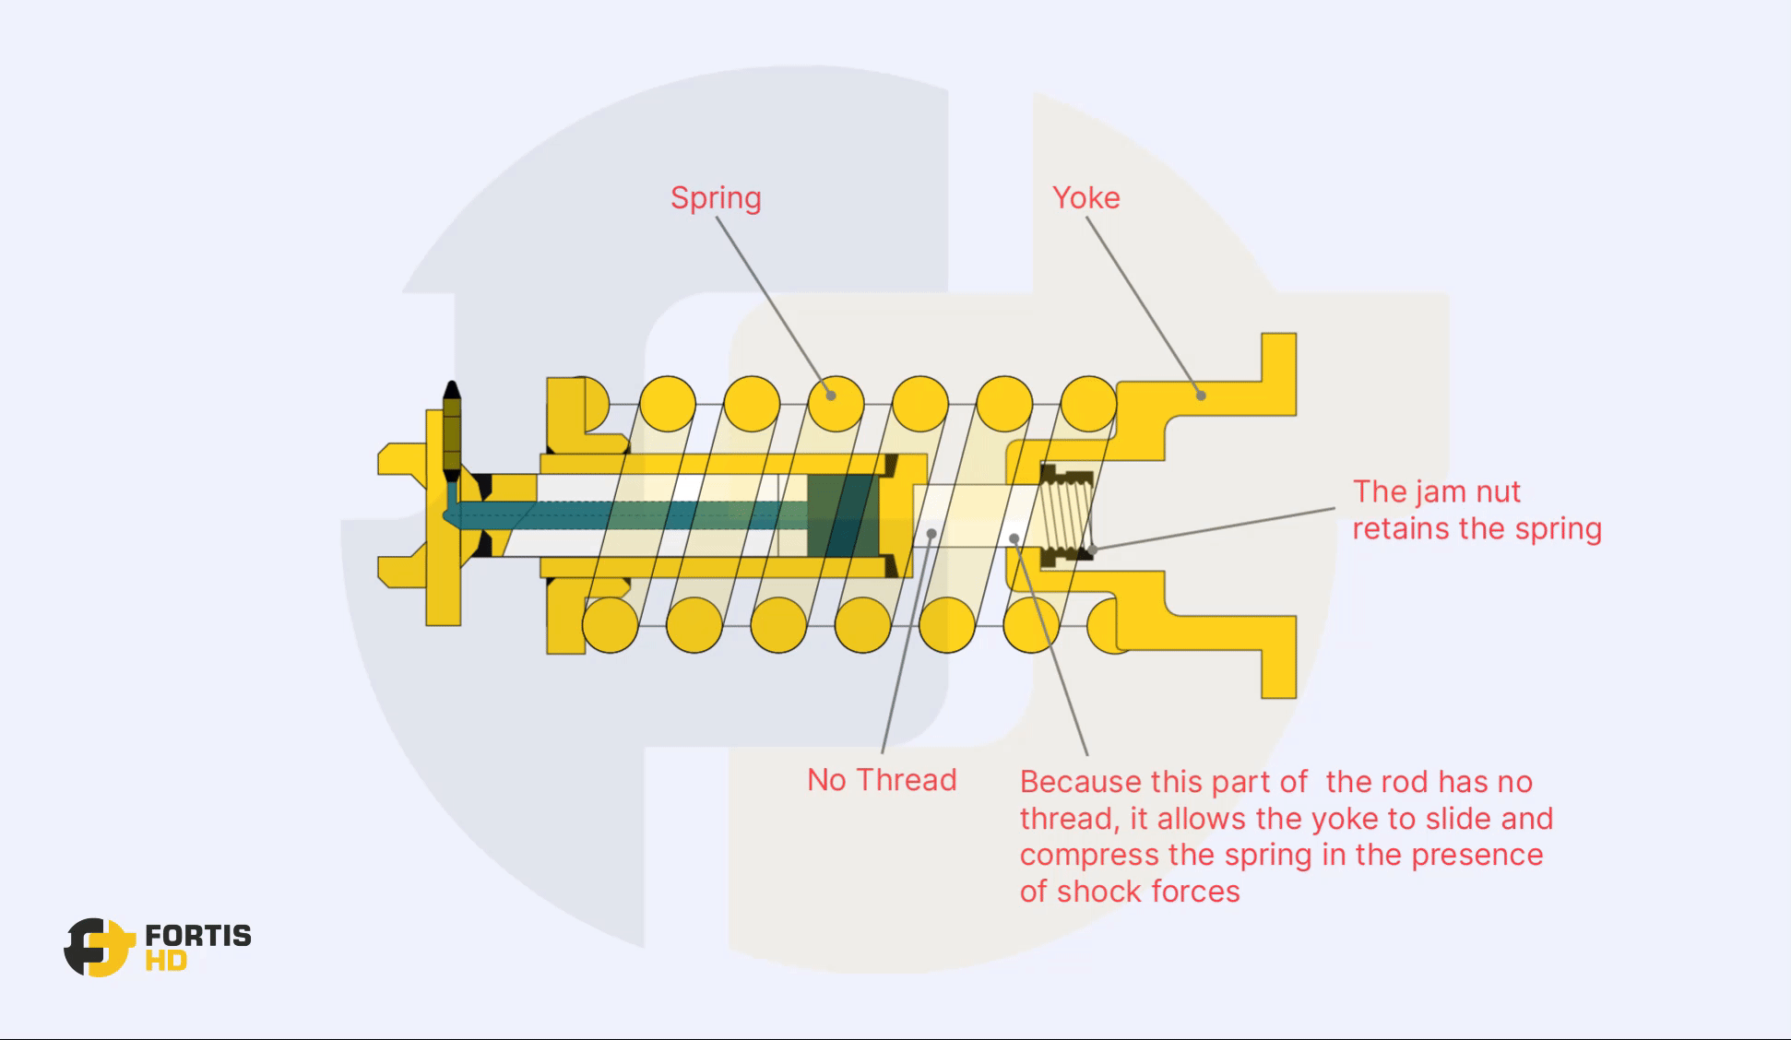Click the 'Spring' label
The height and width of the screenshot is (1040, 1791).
(x=716, y=198)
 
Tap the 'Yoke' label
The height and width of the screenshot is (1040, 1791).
(x=1085, y=197)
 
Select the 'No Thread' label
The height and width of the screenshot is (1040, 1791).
(x=882, y=780)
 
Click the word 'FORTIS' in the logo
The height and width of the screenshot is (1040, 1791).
(x=198, y=936)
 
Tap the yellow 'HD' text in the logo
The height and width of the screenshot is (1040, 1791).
(x=166, y=962)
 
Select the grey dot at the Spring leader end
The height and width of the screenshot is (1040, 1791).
(x=831, y=396)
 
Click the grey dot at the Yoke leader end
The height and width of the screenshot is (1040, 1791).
(x=1200, y=396)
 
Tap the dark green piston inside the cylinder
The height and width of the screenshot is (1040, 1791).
(x=841, y=515)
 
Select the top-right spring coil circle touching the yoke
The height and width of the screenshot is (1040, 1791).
(x=1088, y=404)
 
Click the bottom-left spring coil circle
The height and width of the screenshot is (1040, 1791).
(x=611, y=625)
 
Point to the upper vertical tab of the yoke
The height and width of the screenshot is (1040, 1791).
(x=1278, y=373)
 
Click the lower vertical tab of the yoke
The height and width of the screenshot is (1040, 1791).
(x=1278, y=656)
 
